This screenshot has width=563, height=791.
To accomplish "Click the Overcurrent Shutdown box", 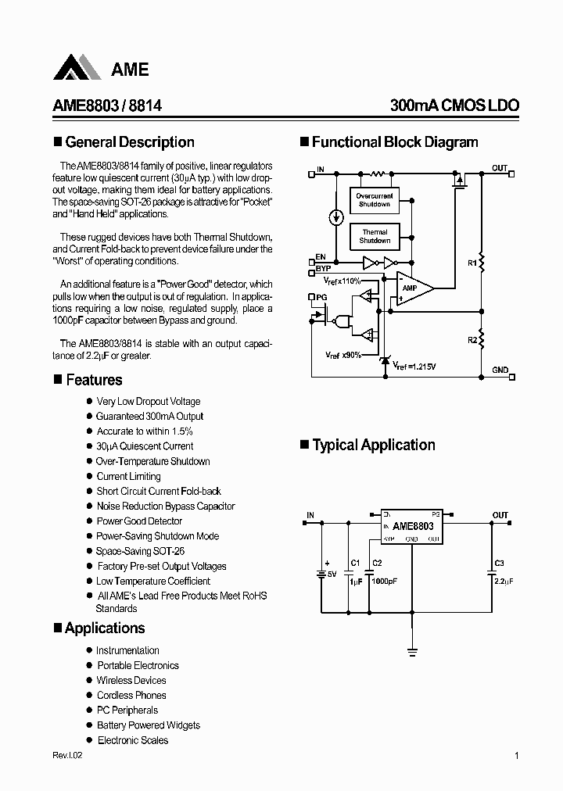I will point(375,199).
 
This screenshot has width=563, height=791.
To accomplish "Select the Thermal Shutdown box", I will point(375,236).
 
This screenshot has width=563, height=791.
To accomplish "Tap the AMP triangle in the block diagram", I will point(411,288).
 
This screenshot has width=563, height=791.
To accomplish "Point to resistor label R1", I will point(472,263).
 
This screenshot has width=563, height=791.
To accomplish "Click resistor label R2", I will point(472,340).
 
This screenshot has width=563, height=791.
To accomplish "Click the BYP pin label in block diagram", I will point(321,267).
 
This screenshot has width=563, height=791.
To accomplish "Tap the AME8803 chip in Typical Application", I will point(412,526).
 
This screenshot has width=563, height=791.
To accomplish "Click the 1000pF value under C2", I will point(383,582).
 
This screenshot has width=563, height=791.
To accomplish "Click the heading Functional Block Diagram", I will point(394,142).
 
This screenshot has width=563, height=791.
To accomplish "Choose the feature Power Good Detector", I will point(139,521).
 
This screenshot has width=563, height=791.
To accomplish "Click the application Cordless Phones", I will point(131,696).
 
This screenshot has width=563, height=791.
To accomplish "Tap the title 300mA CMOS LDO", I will point(454,106).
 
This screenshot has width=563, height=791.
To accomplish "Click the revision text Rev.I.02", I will point(67,756).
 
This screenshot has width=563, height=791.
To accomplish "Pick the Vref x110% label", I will point(342,280).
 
